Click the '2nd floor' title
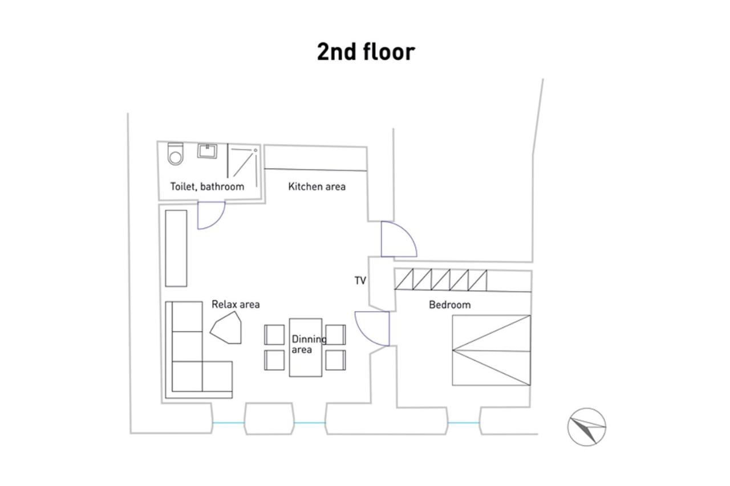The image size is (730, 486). [366, 52]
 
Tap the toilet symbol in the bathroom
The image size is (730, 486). [175, 154]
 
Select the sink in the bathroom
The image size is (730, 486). [207, 151]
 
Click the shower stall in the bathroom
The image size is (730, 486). [243, 165]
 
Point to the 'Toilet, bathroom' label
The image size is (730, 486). [207, 186]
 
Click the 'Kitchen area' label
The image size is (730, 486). [317, 186]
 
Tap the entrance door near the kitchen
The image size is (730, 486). [399, 239]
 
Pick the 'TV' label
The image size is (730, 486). [360, 280]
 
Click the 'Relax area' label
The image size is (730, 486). [236, 304]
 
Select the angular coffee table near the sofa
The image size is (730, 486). [226, 328]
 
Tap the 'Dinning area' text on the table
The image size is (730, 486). [309, 344]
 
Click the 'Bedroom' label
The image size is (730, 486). [450, 305]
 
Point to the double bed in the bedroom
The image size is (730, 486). [492, 350]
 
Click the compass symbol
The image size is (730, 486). [587, 427]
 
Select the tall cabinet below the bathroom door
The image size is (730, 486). [176, 248]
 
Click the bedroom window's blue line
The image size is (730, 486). [464, 423]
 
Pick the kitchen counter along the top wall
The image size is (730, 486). [315, 158]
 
